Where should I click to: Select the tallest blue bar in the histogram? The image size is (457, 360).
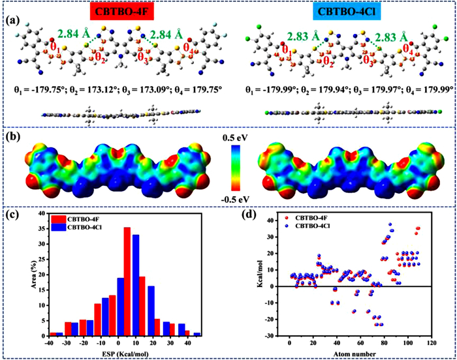pos(135,285)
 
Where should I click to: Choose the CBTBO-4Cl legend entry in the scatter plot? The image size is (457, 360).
pos(319,226)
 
